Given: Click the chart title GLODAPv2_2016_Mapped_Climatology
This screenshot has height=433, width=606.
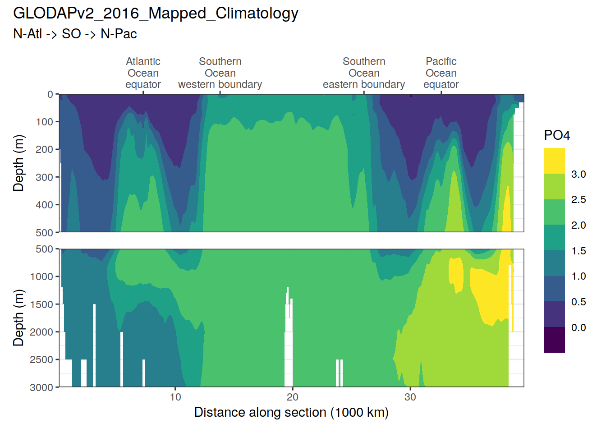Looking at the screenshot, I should click(x=156, y=14).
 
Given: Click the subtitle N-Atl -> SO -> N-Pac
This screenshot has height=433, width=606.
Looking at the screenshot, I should click(x=75, y=34).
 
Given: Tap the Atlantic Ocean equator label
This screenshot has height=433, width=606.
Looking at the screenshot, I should click(x=143, y=73).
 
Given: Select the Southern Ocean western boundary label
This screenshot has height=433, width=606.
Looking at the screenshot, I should click(x=220, y=73).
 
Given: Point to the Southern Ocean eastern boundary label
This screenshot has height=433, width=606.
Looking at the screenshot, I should click(x=364, y=73).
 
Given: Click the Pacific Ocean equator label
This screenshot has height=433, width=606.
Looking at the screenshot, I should click(x=441, y=73).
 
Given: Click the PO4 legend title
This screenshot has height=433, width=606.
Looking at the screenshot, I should click(x=557, y=135).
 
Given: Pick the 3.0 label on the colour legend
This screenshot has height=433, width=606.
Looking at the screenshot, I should click(x=578, y=174).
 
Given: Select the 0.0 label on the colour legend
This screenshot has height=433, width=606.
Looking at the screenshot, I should click(x=578, y=327).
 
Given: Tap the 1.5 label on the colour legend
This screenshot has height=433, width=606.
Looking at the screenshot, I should click(x=578, y=251).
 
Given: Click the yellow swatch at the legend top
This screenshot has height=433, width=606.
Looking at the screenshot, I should click(x=554, y=161).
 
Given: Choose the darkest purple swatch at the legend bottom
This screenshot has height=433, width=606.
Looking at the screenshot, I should click(x=554, y=340).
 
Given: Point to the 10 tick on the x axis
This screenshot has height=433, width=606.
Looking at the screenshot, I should click(x=175, y=397).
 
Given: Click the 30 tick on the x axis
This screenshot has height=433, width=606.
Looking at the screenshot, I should click(x=410, y=397).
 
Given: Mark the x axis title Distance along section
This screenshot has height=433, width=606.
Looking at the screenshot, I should click(x=291, y=412).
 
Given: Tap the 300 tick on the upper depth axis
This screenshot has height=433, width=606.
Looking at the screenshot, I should click(x=45, y=177).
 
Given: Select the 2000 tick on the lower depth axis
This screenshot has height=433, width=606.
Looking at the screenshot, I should click(x=42, y=332).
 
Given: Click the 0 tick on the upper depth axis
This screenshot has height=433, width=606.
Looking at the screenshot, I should click(x=50, y=94).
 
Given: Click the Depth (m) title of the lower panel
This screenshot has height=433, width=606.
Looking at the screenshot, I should click(x=18, y=318).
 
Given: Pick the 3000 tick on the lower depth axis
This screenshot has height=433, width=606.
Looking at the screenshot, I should click(x=42, y=387).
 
